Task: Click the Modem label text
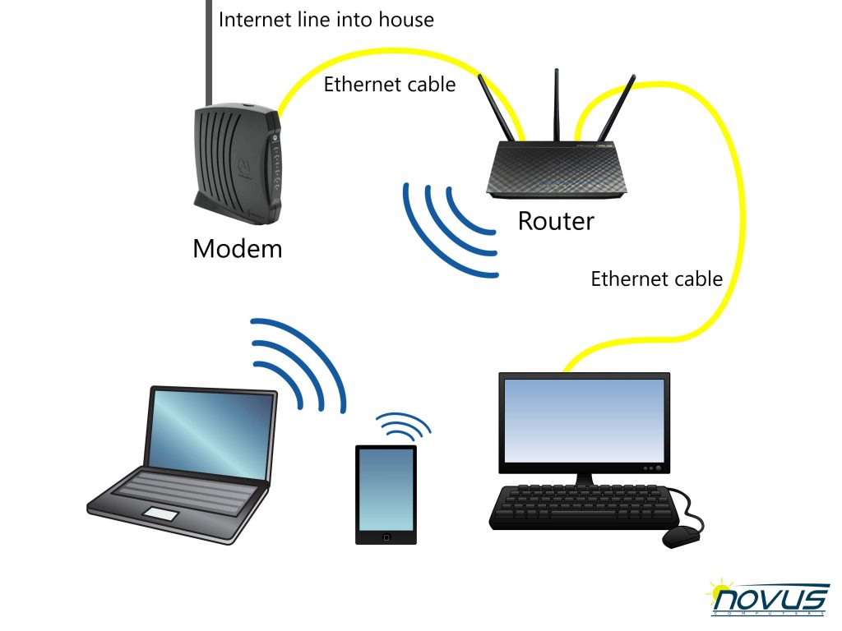(x=237, y=248)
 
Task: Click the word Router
(x=555, y=220)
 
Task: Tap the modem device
(x=238, y=164)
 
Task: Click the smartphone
(x=386, y=494)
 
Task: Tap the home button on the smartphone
(x=386, y=537)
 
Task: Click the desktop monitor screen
(x=585, y=419)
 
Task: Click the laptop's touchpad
(x=161, y=514)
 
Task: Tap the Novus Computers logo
(x=768, y=596)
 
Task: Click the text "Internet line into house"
(x=326, y=19)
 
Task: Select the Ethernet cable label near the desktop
(x=656, y=279)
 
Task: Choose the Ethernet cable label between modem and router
(x=389, y=84)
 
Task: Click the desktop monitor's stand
(x=585, y=478)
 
